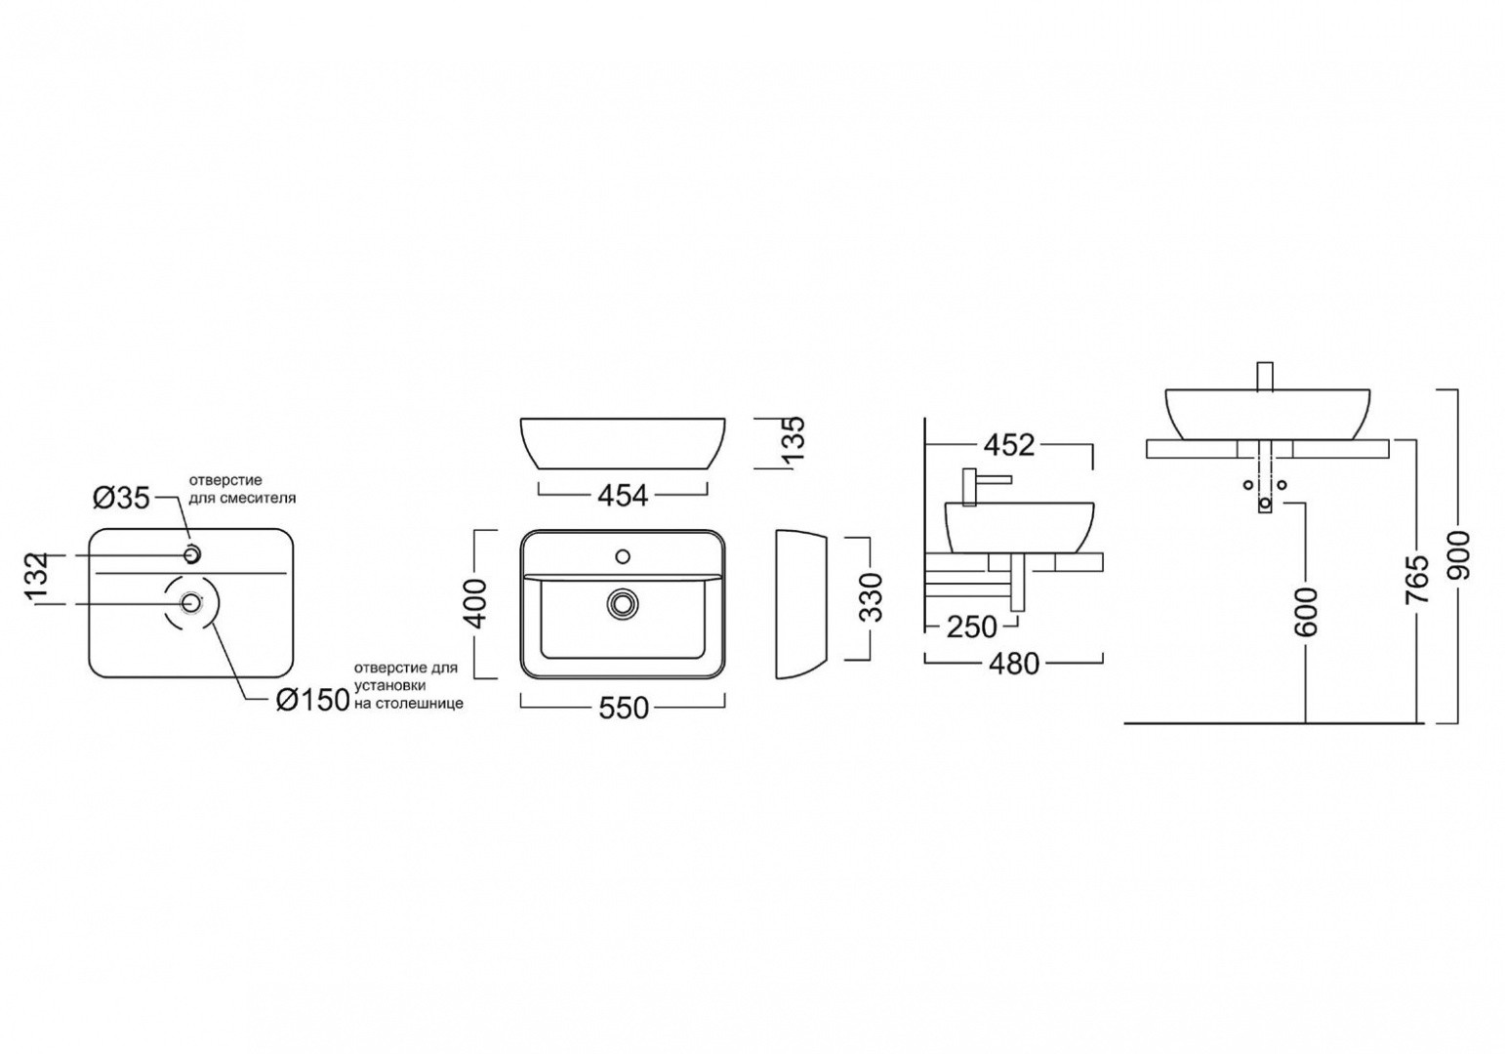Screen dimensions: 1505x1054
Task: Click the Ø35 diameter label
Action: [121, 498]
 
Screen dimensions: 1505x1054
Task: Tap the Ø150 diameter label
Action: [313, 702]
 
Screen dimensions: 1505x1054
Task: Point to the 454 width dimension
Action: [623, 496]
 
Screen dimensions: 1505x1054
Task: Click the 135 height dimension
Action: [793, 438]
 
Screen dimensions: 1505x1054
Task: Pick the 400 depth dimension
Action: [475, 603]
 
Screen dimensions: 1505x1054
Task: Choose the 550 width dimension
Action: [624, 709]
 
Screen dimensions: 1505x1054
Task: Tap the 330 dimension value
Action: [870, 598]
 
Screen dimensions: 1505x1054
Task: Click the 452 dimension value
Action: [1009, 445]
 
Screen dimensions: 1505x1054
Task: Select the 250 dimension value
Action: [972, 628]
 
